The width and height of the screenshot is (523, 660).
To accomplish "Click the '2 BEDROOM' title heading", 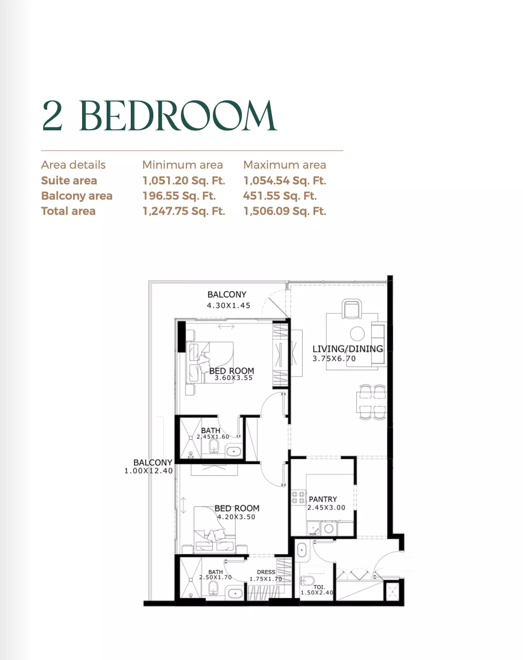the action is tap(159, 116).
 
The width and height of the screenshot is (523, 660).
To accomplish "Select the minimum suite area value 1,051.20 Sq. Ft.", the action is tap(184, 180).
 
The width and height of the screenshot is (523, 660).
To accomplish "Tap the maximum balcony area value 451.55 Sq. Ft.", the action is tap(280, 196).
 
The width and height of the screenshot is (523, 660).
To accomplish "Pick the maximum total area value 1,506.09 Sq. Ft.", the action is tap(285, 211).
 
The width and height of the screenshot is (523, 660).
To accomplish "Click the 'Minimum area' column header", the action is tap(182, 165).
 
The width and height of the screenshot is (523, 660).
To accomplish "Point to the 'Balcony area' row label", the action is tap(77, 196).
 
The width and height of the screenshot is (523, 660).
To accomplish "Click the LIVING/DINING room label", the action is tap(348, 349).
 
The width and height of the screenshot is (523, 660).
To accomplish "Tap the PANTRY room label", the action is tap(323, 499).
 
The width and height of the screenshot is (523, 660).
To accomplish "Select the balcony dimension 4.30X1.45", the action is tap(229, 305).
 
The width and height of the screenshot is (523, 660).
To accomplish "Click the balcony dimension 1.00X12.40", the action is tap(148, 471).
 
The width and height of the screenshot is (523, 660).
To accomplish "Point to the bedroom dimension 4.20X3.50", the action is tap(236, 517).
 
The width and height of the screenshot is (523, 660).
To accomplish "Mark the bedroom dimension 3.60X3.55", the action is tap(233, 378).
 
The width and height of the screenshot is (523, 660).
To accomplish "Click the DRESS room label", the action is tap(266, 572).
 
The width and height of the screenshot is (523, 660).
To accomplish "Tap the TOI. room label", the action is tap(319, 587).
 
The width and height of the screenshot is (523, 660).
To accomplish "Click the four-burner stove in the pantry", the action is tap(298, 497).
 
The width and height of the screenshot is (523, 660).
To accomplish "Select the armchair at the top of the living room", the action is tap(351, 310).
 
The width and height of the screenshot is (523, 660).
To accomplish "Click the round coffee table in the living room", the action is tap(357, 333).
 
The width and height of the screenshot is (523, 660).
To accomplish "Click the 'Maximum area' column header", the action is tap(285, 165).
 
